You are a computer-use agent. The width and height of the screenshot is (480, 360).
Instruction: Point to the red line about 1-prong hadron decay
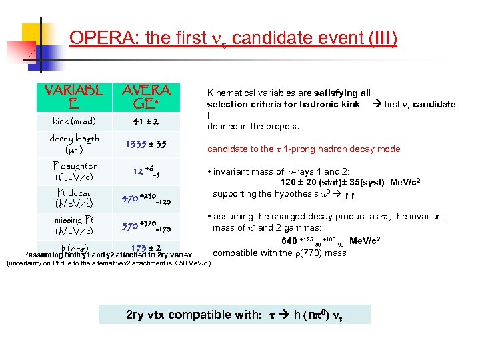303,149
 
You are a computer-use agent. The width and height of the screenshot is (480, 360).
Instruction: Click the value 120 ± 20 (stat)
311,182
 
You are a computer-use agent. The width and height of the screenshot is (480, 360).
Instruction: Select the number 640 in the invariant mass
289,241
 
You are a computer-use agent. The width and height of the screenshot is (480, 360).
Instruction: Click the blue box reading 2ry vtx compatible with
234,315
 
